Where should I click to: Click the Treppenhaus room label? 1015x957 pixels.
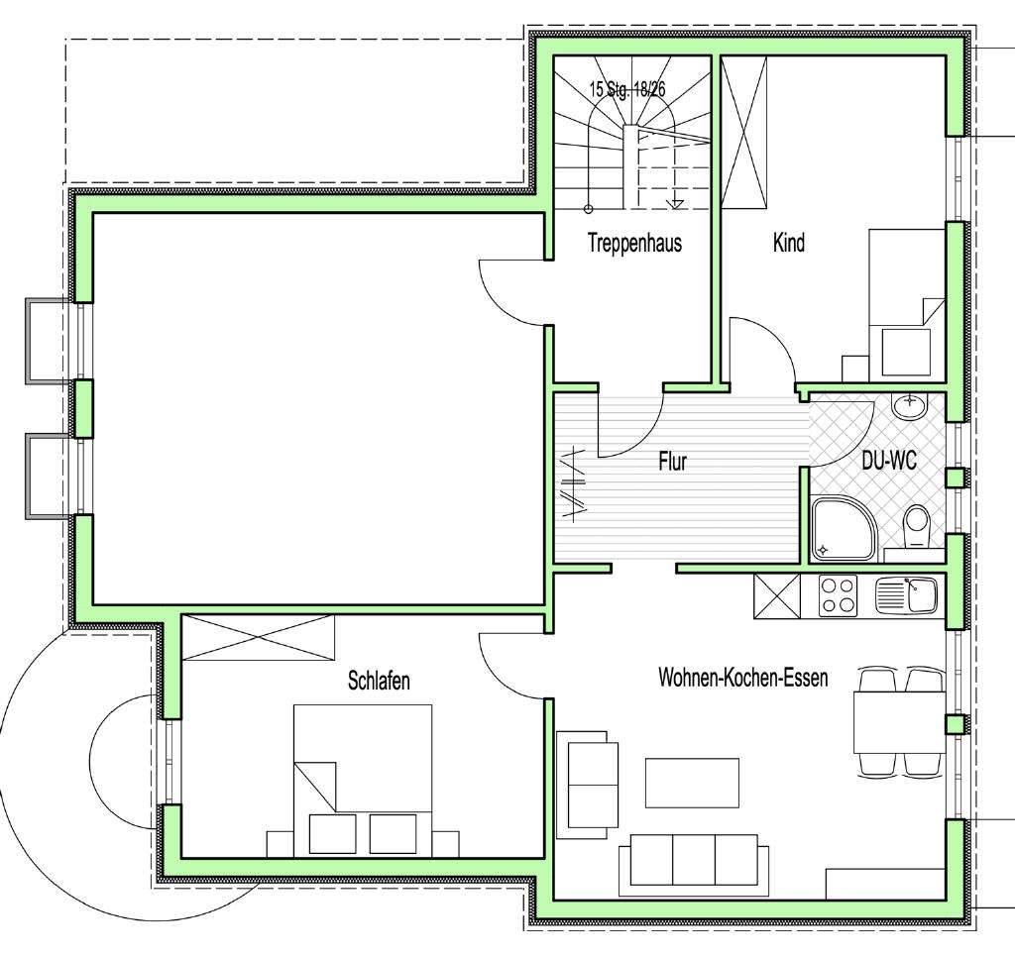tap(634, 244)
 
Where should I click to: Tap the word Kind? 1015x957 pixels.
tap(789, 243)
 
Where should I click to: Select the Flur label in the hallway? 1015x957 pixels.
tap(673, 462)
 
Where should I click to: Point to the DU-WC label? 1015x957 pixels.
tap(889, 461)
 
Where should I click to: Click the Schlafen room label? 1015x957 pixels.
tap(379, 681)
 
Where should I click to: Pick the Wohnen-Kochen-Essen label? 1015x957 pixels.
tap(743, 678)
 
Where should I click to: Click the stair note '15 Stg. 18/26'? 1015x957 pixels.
tap(626, 88)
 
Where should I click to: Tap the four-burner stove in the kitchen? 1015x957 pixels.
tap(838, 595)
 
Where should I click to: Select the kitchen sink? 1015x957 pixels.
tap(906, 595)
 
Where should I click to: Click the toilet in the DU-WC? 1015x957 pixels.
tap(915, 525)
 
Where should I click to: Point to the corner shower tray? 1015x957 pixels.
tap(845, 528)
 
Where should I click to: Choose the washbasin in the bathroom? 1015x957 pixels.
tap(909, 406)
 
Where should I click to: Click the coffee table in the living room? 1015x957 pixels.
tap(692, 783)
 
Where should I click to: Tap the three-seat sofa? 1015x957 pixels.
tap(693, 863)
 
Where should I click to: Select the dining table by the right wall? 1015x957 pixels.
tap(900, 721)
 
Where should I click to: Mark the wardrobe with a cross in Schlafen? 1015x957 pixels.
tap(259, 638)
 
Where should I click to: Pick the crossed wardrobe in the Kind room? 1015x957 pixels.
tap(743, 133)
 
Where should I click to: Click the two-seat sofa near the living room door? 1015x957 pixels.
tap(588, 781)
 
